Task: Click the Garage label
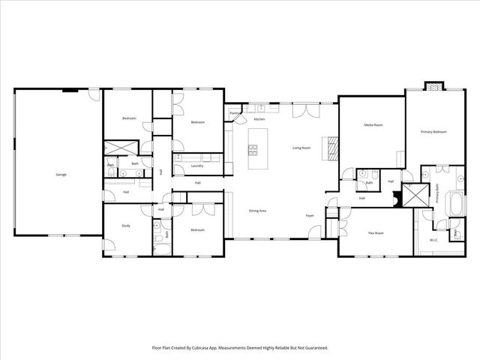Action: pyautogui.click(x=61, y=175)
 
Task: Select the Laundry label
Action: pyautogui.click(x=197, y=166)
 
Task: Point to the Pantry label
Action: pyautogui.click(x=235, y=114)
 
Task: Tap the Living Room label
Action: pyautogui.click(x=301, y=148)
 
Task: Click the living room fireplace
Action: pyautogui.click(x=329, y=148)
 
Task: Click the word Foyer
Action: pyautogui.click(x=309, y=216)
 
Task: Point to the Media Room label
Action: pyautogui.click(x=373, y=125)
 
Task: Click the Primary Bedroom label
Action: pyautogui.click(x=433, y=132)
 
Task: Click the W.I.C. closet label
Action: pyautogui.click(x=433, y=240)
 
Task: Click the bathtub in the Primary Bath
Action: pyautogui.click(x=455, y=203)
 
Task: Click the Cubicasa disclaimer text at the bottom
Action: pyautogui.click(x=239, y=348)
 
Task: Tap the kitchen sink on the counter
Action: pyautogui.click(x=271, y=109)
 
